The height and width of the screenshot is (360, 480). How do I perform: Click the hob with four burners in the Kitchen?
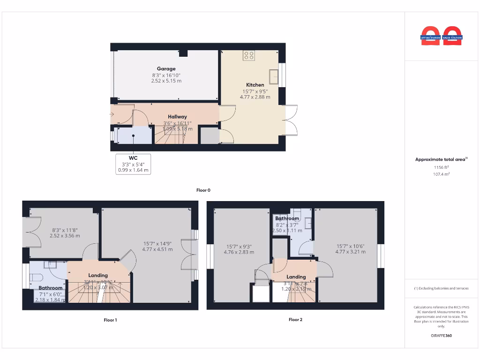point(249,56)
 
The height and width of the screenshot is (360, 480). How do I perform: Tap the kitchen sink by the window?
point(273,76)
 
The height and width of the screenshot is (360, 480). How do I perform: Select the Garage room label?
point(166,69)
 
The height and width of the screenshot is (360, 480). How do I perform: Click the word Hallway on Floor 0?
point(177,117)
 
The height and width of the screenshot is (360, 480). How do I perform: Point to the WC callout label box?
point(133,164)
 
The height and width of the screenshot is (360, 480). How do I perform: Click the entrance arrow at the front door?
point(112,114)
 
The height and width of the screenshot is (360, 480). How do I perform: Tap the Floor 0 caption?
point(203,190)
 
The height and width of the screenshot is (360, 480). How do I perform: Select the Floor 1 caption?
point(110,320)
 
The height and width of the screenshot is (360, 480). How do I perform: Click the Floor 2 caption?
point(295,320)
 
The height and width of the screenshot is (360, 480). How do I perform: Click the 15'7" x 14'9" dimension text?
point(157,243)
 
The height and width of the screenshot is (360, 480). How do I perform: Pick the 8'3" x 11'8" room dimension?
point(65,230)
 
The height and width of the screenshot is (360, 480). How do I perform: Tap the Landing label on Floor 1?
point(98,275)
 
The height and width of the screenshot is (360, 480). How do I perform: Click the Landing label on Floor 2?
point(296,277)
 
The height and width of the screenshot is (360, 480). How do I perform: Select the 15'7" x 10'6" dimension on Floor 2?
point(350,246)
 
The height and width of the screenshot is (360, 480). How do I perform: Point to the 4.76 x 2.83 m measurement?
point(240,252)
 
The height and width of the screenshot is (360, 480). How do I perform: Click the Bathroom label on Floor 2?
point(287,219)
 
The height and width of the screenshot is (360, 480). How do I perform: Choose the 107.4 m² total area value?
point(441,174)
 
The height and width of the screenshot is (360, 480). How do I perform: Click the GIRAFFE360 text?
point(441,336)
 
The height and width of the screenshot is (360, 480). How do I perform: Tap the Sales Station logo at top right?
point(452,37)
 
